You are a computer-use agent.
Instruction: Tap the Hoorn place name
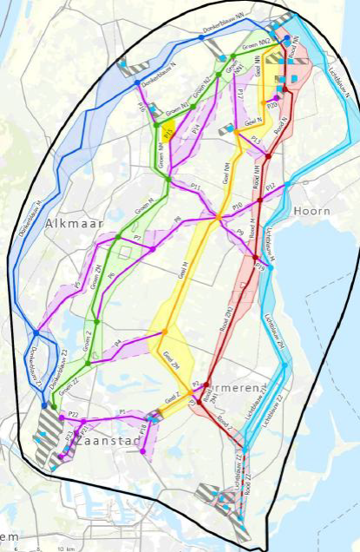tap(312, 211)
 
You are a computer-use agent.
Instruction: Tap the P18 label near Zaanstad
tap(143, 430)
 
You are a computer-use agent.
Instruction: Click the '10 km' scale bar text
tap(62, 549)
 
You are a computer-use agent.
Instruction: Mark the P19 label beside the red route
tap(260, 270)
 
